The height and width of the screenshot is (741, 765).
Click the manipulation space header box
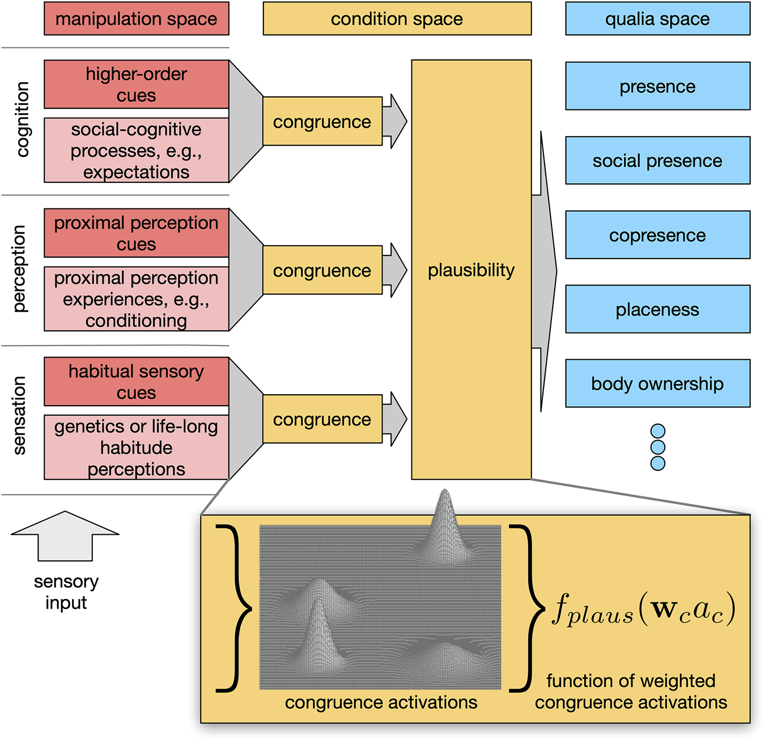click(137, 19)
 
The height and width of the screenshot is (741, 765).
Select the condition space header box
click(397, 19)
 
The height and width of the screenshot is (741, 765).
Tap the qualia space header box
click(657, 19)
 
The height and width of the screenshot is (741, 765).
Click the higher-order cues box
click(137, 84)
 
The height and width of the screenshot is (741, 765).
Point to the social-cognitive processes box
click(137, 151)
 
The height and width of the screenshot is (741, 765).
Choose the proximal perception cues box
click(137, 233)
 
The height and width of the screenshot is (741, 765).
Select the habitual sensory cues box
click(137, 382)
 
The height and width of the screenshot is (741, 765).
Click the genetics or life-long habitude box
click(137, 448)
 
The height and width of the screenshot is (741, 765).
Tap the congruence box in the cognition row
click(322, 121)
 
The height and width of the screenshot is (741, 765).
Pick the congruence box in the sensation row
click(322, 419)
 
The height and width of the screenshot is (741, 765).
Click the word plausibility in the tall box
click(471, 270)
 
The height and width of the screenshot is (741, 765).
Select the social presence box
click(657, 161)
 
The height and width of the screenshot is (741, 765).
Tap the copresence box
click(657, 235)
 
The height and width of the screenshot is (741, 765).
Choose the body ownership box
click(657, 384)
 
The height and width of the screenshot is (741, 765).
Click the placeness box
click(657, 309)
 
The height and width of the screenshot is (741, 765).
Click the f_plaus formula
click(644, 610)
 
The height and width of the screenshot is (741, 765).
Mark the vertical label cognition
click(22, 120)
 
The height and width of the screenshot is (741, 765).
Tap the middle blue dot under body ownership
click(658, 448)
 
